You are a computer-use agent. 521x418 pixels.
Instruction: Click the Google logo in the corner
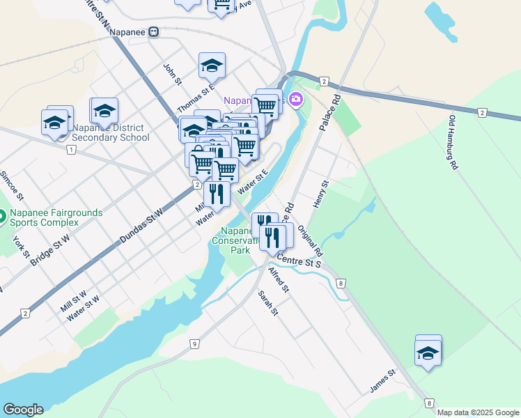click(23, 410)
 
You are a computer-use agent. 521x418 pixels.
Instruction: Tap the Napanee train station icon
click(153, 31)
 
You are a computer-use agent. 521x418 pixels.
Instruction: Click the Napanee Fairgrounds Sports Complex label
click(56, 217)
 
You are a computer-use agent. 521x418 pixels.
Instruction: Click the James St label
click(382, 381)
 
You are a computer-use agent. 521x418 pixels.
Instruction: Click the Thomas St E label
click(194, 99)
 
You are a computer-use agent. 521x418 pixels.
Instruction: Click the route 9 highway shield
click(194, 343)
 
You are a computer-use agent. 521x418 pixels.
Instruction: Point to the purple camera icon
click(296, 100)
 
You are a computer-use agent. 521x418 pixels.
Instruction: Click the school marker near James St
click(428, 353)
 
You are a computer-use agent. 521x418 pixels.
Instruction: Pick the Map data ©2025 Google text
click(477, 412)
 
